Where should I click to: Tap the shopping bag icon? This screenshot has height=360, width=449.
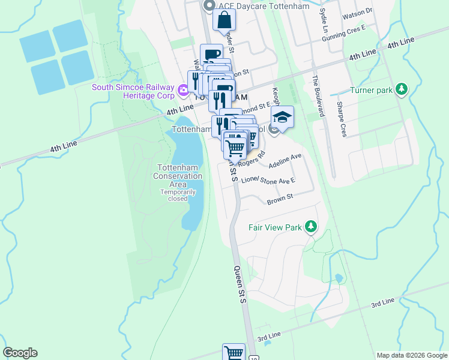(x=224, y=20)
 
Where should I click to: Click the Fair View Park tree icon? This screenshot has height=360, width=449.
(x=311, y=227)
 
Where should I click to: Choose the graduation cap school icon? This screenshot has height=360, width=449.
(x=283, y=117)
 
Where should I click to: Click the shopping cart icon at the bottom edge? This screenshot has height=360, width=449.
(x=234, y=353)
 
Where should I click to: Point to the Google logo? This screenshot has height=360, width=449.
(x=20, y=353)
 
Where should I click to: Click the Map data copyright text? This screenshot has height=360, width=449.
(x=412, y=355)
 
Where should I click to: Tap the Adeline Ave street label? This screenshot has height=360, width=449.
(x=285, y=161)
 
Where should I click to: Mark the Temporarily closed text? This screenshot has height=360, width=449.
(x=177, y=195)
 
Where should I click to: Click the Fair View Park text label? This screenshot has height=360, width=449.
(x=276, y=227)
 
